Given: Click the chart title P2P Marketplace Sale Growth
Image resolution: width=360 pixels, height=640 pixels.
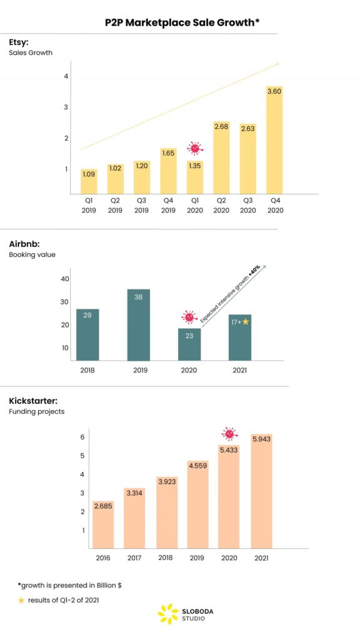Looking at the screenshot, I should [182, 22].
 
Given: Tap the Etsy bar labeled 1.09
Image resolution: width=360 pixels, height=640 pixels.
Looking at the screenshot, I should [89, 181].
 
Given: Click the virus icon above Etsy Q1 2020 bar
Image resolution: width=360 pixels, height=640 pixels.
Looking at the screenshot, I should [195, 149].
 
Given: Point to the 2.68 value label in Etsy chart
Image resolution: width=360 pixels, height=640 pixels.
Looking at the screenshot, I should [221, 127].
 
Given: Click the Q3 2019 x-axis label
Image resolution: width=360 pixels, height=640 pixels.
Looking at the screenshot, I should [142, 206].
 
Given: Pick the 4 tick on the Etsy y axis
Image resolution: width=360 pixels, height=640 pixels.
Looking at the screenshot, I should [66, 76].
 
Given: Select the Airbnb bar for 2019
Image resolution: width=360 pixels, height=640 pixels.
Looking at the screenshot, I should [138, 325].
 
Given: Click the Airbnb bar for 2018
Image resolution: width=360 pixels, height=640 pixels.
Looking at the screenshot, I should [87, 334].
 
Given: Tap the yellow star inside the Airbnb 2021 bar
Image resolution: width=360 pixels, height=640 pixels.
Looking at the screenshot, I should [246, 322].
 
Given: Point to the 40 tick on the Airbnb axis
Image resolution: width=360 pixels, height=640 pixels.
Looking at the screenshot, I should [65, 279].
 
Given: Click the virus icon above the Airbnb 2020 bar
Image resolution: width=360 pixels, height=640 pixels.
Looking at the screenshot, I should [189, 317].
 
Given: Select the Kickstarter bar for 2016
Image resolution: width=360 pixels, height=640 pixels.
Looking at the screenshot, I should [103, 525].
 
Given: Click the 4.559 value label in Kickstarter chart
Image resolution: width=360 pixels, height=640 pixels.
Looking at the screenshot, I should [198, 465].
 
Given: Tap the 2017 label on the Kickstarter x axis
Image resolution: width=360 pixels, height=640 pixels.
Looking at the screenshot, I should [134, 557].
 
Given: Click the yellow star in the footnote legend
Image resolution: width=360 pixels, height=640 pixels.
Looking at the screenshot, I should [21, 600].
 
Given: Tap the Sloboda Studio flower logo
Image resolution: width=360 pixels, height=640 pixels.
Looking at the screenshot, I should [167, 614].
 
